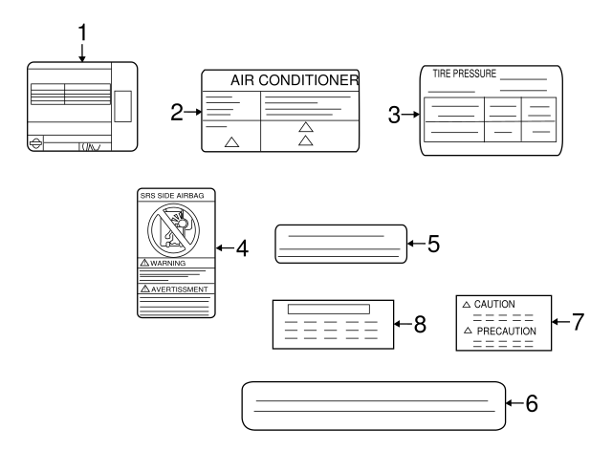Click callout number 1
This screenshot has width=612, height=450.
click(82, 32)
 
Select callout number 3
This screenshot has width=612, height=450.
click(395, 115)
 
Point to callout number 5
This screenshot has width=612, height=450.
click(433, 243)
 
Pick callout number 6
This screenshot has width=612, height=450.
click(532, 403)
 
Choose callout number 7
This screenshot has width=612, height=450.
click(577, 321)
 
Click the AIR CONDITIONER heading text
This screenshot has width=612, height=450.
click(295, 80)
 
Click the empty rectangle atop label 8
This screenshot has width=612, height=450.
click(329, 310)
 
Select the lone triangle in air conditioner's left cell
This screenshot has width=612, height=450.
click(229, 141)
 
